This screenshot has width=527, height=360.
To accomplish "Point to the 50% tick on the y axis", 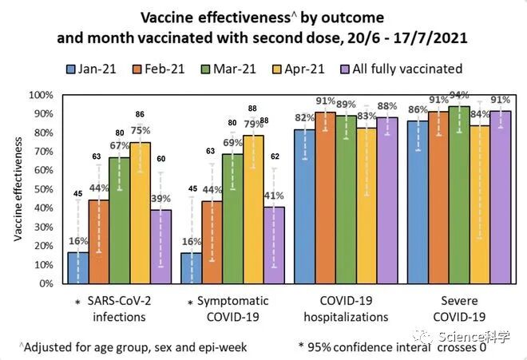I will click(x=41, y=189).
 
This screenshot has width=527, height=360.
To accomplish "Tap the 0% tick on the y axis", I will click(x=44, y=283).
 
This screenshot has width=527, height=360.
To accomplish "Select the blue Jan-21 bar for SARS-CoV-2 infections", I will click(x=77, y=267).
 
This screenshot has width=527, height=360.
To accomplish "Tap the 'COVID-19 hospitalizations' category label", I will click(x=344, y=309).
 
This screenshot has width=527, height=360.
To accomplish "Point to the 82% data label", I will click(x=304, y=118).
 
